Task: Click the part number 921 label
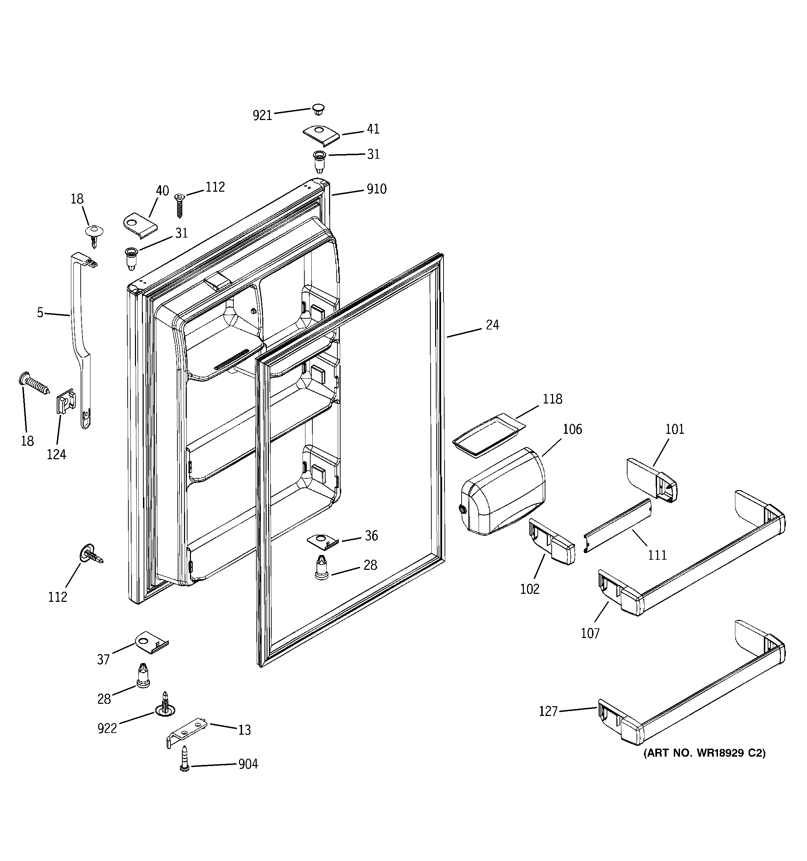[x=262, y=115]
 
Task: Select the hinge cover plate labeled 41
[x=321, y=136]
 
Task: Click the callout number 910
[x=376, y=189]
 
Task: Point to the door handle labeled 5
[x=81, y=338]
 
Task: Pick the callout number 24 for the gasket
[x=492, y=325]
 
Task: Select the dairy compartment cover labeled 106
[x=503, y=492]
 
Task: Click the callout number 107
[x=590, y=633]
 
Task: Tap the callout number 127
[x=548, y=711]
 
